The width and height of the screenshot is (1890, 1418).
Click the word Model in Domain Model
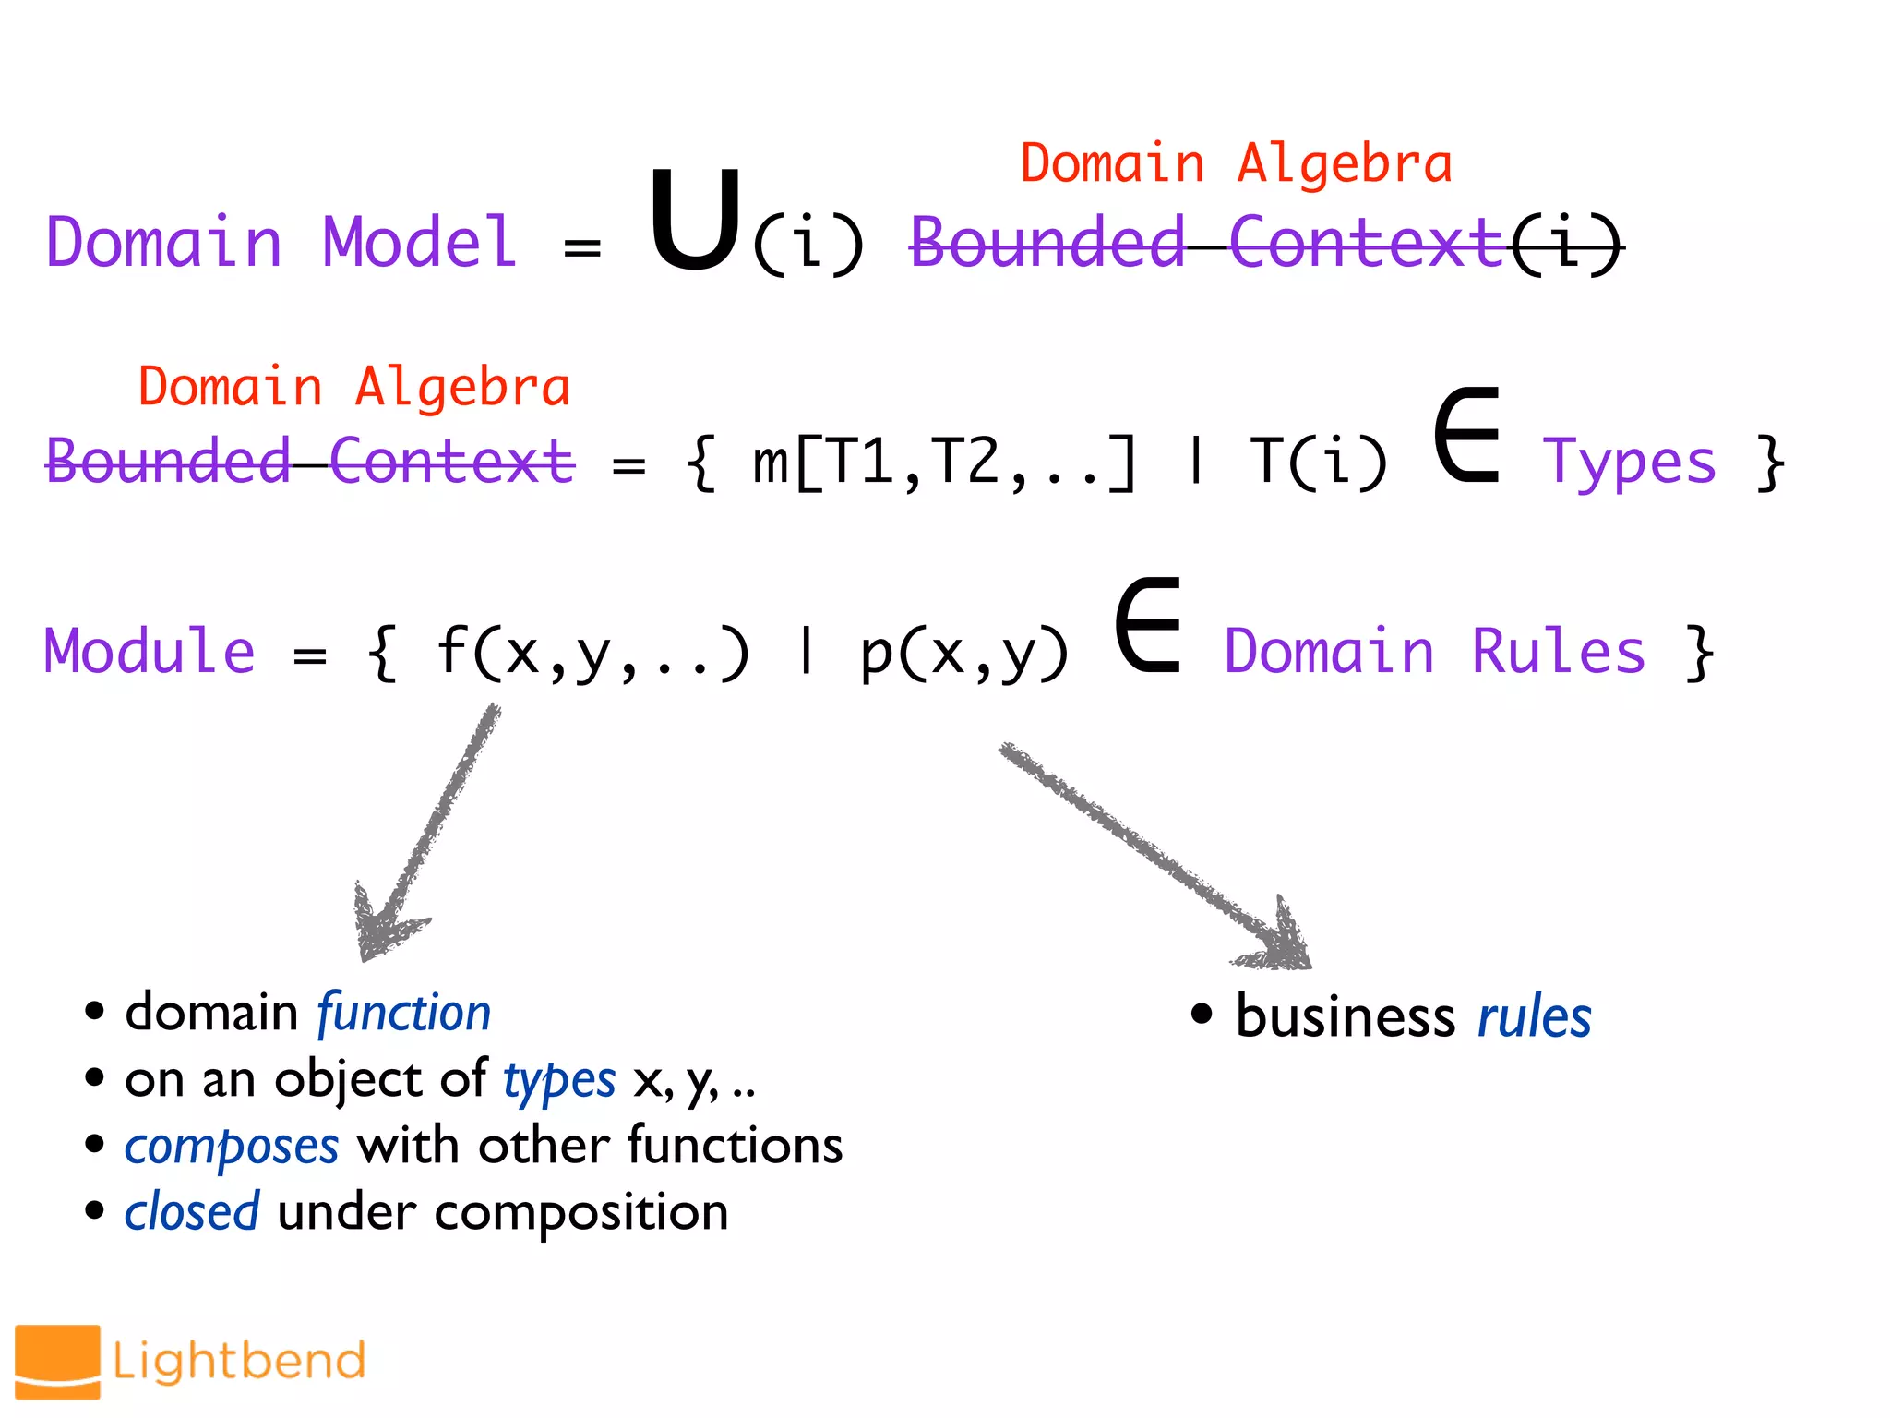click(420, 242)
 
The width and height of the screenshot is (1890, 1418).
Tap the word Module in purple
click(150, 651)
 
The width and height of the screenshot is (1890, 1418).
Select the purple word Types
click(1629, 462)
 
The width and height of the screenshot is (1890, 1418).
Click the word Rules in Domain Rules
click(1558, 651)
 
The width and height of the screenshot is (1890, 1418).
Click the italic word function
click(403, 1013)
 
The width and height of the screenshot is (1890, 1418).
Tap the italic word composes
click(232, 1147)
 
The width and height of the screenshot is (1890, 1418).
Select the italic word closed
click(192, 1212)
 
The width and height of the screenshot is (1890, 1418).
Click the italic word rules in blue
click(1534, 1017)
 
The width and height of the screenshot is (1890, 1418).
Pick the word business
click(1345, 1017)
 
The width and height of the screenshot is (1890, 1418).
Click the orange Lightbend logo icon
click(57, 1362)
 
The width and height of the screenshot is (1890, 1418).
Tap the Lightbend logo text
click(239, 1362)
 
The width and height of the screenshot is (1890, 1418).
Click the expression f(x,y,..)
click(592, 652)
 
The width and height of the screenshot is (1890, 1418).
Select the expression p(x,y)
click(964, 652)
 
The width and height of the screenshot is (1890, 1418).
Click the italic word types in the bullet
click(559, 1079)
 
